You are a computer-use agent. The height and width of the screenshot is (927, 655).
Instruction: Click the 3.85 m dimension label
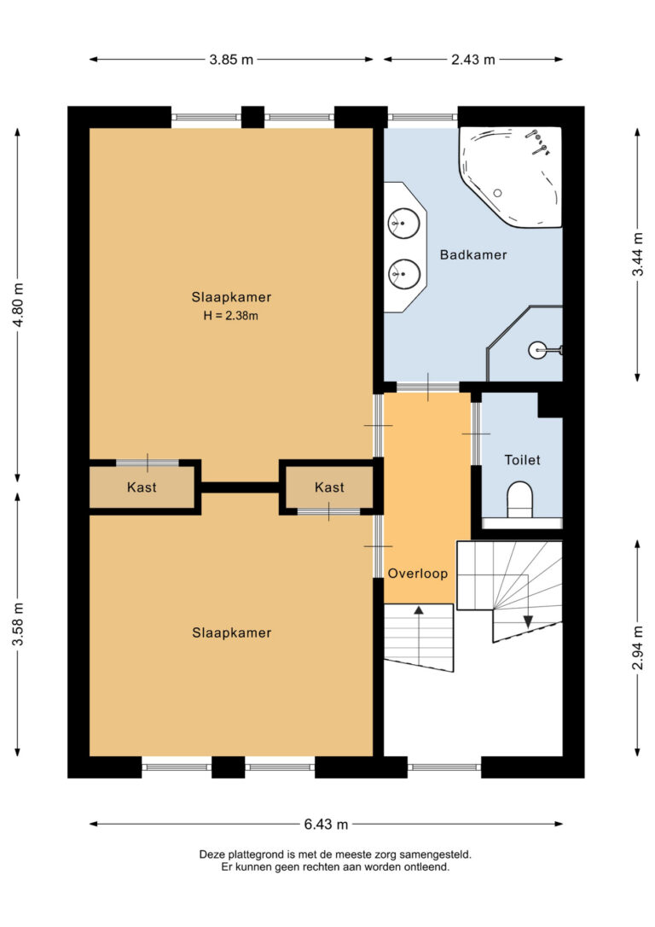(x=231, y=59)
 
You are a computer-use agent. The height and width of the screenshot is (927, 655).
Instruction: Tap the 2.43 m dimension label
(x=473, y=59)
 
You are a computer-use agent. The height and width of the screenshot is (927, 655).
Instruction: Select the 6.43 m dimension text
(x=326, y=824)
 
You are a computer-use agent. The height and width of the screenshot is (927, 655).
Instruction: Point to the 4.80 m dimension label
(x=18, y=305)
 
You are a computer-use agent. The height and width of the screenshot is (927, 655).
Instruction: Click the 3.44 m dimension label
(x=638, y=254)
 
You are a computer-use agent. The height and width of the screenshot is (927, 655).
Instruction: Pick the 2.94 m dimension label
(x=638, y=647)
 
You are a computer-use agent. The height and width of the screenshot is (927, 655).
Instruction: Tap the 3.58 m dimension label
(x=18, y=624)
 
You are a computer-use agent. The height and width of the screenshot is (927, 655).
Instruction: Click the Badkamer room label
(x=473, y=255)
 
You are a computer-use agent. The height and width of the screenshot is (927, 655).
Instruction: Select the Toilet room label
(x=522, y=459)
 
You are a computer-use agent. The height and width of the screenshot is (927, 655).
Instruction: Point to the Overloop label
(x=418, y=573)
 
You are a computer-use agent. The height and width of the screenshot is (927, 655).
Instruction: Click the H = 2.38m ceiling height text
(x=231, y=315)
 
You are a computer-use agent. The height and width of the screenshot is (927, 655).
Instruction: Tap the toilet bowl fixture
(x=519, y=500)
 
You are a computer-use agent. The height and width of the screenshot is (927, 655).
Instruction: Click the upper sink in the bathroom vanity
(x=404, y=224)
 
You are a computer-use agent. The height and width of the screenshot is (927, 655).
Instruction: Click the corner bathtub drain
(x=497, y=193)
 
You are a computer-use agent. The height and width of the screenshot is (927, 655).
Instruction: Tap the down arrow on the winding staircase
(x=527, y=621)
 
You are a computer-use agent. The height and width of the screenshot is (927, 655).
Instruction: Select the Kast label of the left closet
(x=142, y=487)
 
